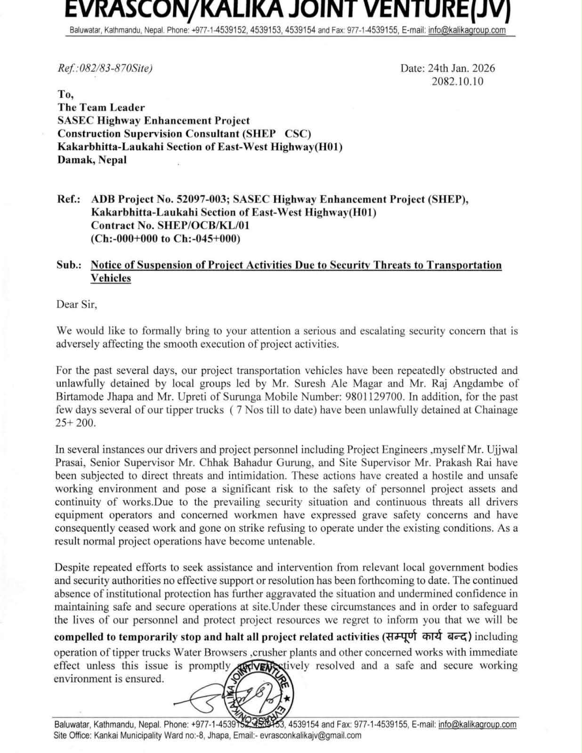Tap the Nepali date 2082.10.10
[457, 81]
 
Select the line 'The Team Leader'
[101, 107]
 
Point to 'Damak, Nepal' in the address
[92, 160]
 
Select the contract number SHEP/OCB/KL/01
[203, 225]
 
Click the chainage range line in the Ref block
[165, 239]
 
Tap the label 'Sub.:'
[69, 265]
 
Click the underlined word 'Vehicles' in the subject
[111, 278]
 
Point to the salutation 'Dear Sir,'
[77, 304]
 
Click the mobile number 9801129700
[373, 397]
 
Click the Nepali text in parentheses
[427, 637]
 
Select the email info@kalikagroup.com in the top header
[467, 31]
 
